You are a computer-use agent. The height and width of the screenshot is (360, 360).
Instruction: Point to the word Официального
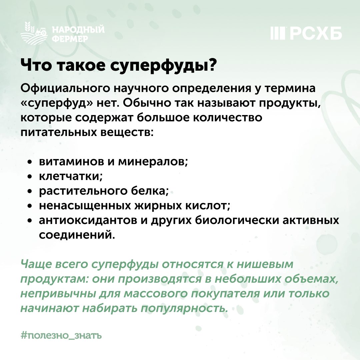[65, 88]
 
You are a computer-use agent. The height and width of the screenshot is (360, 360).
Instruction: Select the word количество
[227, 118]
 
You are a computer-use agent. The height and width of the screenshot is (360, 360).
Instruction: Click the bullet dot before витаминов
[29, 162]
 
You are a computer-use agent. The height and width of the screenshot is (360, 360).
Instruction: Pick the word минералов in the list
[153, 162]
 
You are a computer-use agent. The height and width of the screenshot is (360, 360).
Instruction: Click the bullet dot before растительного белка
[29, 191]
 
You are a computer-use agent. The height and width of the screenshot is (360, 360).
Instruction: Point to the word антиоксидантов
[88, 220]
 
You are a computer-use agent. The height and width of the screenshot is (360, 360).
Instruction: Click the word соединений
[77, 235]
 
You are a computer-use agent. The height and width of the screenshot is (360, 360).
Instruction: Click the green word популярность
[184, 309]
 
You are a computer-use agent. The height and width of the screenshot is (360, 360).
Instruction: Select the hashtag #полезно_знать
[61, 336]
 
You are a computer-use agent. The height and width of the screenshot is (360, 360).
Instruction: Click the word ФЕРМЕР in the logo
[70, 39]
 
